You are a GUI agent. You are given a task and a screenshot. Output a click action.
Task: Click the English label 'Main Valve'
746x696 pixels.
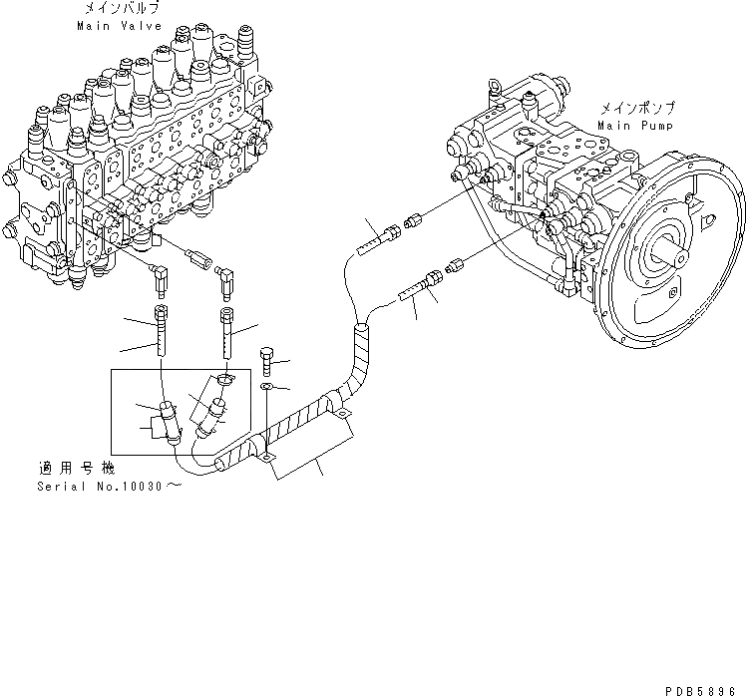pyautogui.click(x=112, y=27)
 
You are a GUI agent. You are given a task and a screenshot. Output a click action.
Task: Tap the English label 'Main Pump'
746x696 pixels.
pyautogui.click(x=635, y=127)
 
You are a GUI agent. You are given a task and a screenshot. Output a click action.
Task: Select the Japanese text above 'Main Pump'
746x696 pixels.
pyautogui.click(x=636, y=109)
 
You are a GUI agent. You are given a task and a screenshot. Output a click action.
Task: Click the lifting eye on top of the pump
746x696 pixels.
pyautogui.click(x=494, y=90)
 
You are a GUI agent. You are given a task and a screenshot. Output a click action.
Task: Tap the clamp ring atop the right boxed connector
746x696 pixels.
pyautogui.click(x=223, y=379)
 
